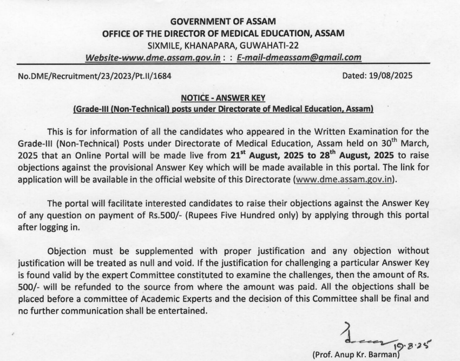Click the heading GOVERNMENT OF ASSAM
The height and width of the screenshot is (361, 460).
coord(222,22)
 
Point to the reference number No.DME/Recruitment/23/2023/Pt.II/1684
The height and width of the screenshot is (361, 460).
coord(95,76)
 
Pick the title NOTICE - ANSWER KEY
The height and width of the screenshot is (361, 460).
coord(223,98)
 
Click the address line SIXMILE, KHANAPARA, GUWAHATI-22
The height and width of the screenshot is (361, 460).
coord(222,45)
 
